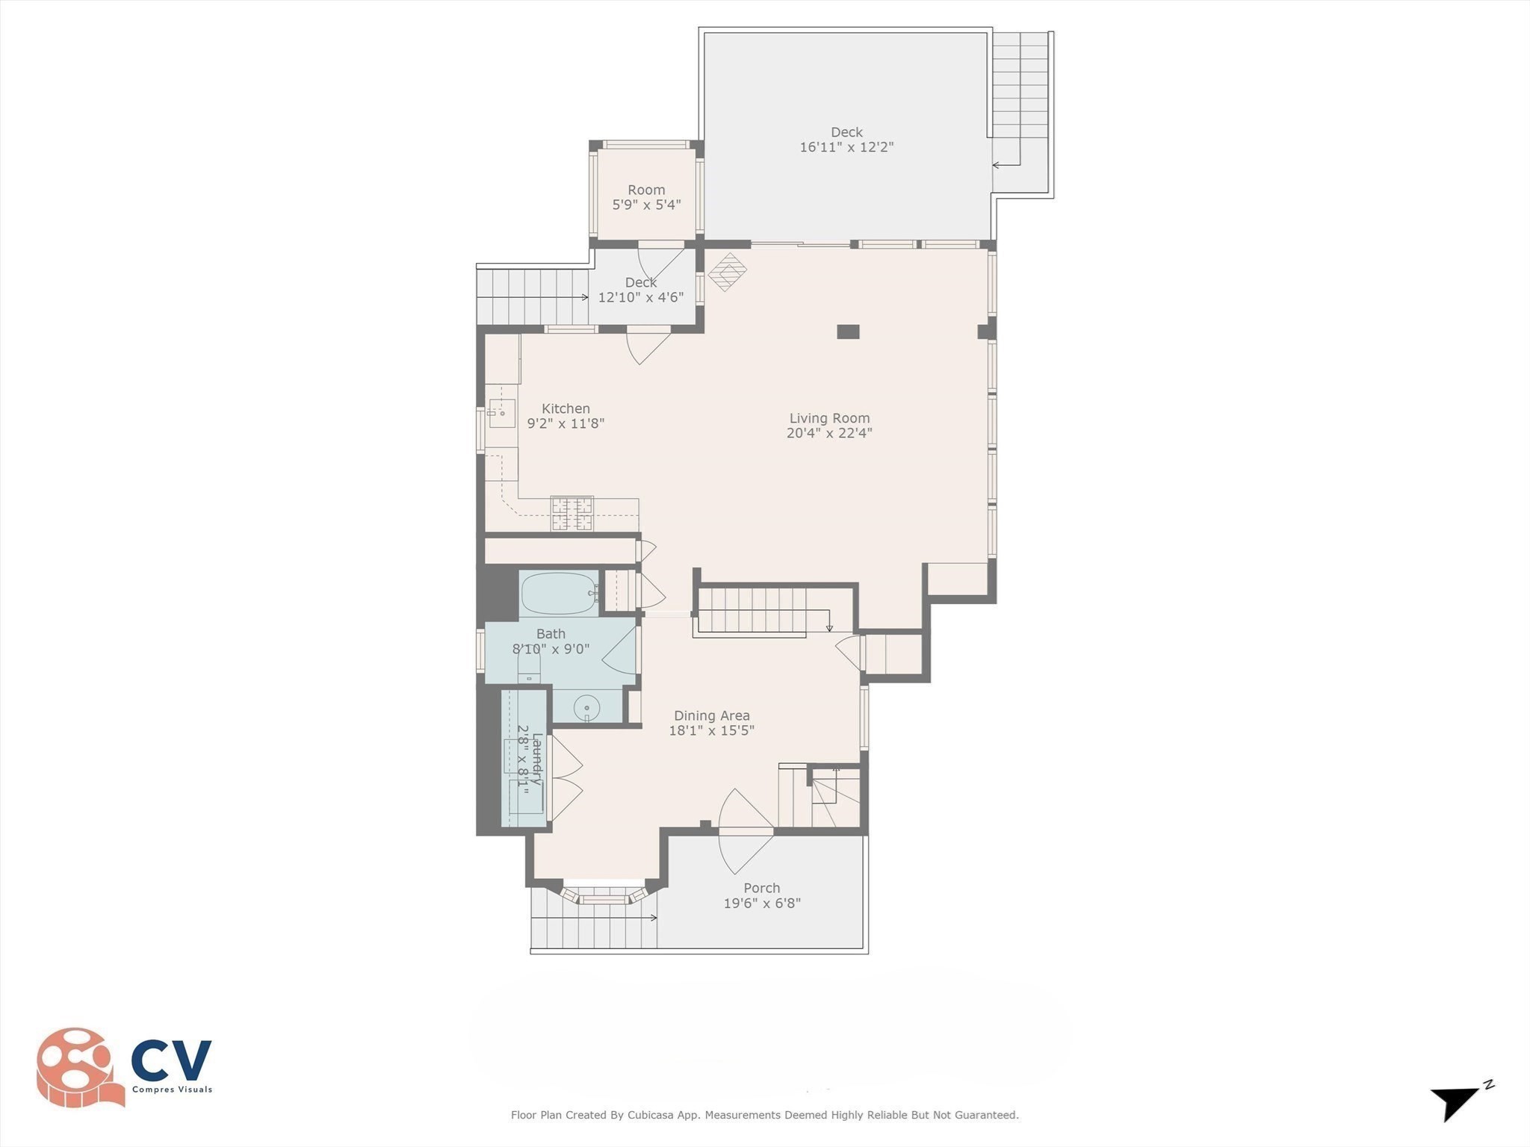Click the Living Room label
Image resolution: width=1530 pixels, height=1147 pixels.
click(x=829, y=418)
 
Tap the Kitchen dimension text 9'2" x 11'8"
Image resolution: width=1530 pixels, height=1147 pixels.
click(x=566, y=423)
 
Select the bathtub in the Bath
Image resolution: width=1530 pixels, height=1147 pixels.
click(x=559, y=594)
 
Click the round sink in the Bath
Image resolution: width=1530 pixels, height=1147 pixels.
click(x=586, y=707)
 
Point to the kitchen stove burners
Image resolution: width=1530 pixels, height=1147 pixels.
click(x=572, y=514)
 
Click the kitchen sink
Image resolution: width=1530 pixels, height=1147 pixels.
click(x=502, y=412)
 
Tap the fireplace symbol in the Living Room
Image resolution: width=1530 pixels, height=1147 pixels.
click(x=727, y=272)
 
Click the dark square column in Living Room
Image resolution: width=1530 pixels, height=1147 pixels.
click(x=847, y=332)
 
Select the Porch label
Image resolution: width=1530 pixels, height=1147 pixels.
click(x=761, y=888)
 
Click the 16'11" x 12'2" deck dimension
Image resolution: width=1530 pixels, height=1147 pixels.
click(x=846, y=147)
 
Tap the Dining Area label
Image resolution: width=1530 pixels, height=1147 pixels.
click(x=711, y=715)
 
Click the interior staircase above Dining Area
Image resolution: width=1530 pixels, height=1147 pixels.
click(x=755, y=610)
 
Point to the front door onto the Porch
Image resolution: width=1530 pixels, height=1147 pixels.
click(x=746, y=830)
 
